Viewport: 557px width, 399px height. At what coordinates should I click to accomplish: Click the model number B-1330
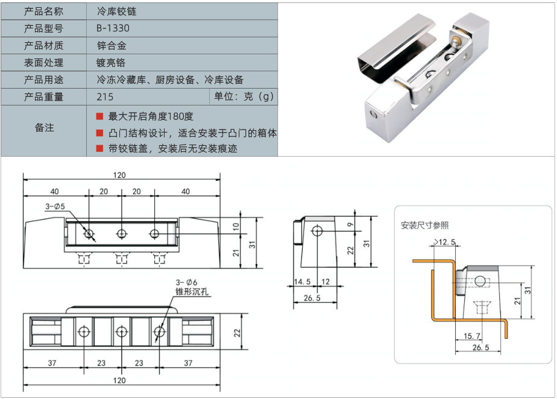113,28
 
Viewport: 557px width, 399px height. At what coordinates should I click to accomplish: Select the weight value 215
105,96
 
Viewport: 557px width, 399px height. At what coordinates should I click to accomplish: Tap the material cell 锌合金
112,45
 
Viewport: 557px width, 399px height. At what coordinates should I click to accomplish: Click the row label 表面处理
43,63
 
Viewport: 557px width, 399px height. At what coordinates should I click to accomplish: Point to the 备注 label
45,128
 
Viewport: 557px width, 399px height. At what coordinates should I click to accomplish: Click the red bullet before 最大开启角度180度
99,116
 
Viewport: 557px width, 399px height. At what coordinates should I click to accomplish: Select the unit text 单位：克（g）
244,96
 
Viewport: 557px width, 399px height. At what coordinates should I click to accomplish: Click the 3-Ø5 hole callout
55,206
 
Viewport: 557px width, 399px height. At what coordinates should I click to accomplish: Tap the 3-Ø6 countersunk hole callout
186,283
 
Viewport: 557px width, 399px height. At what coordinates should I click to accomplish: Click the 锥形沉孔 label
192,292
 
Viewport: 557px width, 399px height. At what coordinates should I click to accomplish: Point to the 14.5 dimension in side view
302,281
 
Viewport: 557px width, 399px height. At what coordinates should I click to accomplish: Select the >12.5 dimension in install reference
444,242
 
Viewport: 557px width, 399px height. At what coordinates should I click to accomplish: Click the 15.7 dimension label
472,336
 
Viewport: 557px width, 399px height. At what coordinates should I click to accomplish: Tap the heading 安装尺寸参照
424,225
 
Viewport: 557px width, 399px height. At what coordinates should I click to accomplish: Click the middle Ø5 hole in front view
122,234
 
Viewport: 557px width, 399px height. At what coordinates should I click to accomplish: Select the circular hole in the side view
317,231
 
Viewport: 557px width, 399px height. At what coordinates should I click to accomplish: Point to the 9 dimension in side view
350,225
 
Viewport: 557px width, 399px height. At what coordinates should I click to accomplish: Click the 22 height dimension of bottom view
237,333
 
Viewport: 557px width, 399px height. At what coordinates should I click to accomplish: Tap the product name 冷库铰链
116,11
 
